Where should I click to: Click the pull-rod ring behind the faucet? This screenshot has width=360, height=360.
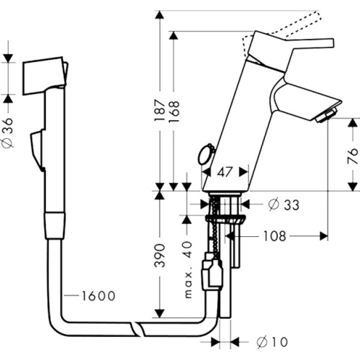click(x=204, y=153)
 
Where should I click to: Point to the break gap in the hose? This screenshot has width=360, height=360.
click(x=137, y=330)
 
